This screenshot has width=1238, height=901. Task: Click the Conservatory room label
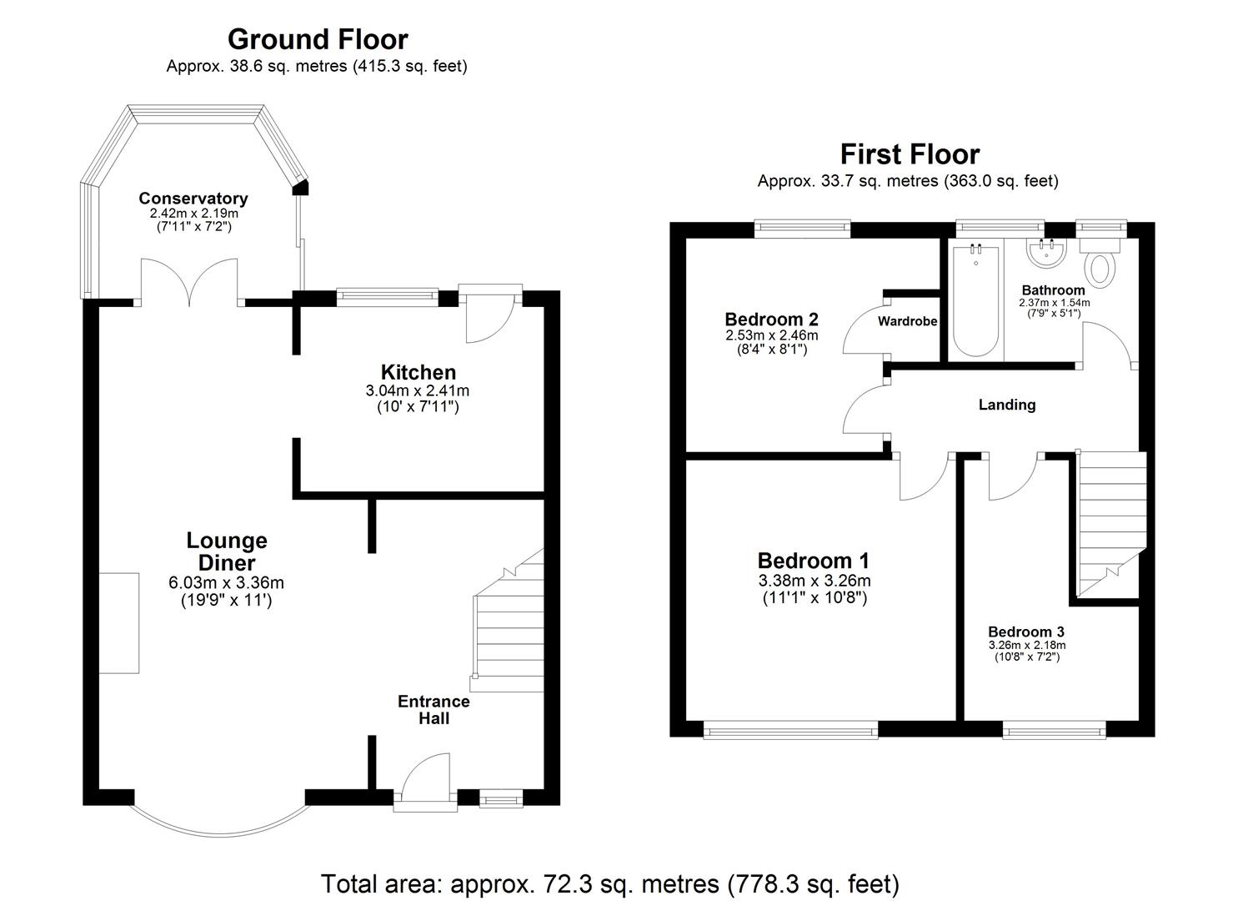coord(193,199)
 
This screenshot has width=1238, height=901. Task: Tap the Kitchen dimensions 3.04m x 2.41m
coord(417,390)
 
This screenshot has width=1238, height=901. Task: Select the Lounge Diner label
coord(226,551)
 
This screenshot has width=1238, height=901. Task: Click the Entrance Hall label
coord(434,709)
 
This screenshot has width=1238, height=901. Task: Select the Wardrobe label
coord(907,321)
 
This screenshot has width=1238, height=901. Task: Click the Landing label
coord(1006,405)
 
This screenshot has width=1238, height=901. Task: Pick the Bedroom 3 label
coord(1025,632)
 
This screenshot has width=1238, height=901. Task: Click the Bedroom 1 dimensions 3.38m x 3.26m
coord(814,581)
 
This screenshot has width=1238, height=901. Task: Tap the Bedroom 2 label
coord(770,319)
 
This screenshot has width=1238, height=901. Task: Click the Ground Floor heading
coord(317,39)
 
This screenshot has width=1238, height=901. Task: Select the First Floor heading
coord(909,154)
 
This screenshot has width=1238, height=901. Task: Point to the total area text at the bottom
coord(609,883)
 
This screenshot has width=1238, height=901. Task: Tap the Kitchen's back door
coord(489,317)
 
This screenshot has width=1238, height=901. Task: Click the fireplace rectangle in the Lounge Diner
coord(118,622)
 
